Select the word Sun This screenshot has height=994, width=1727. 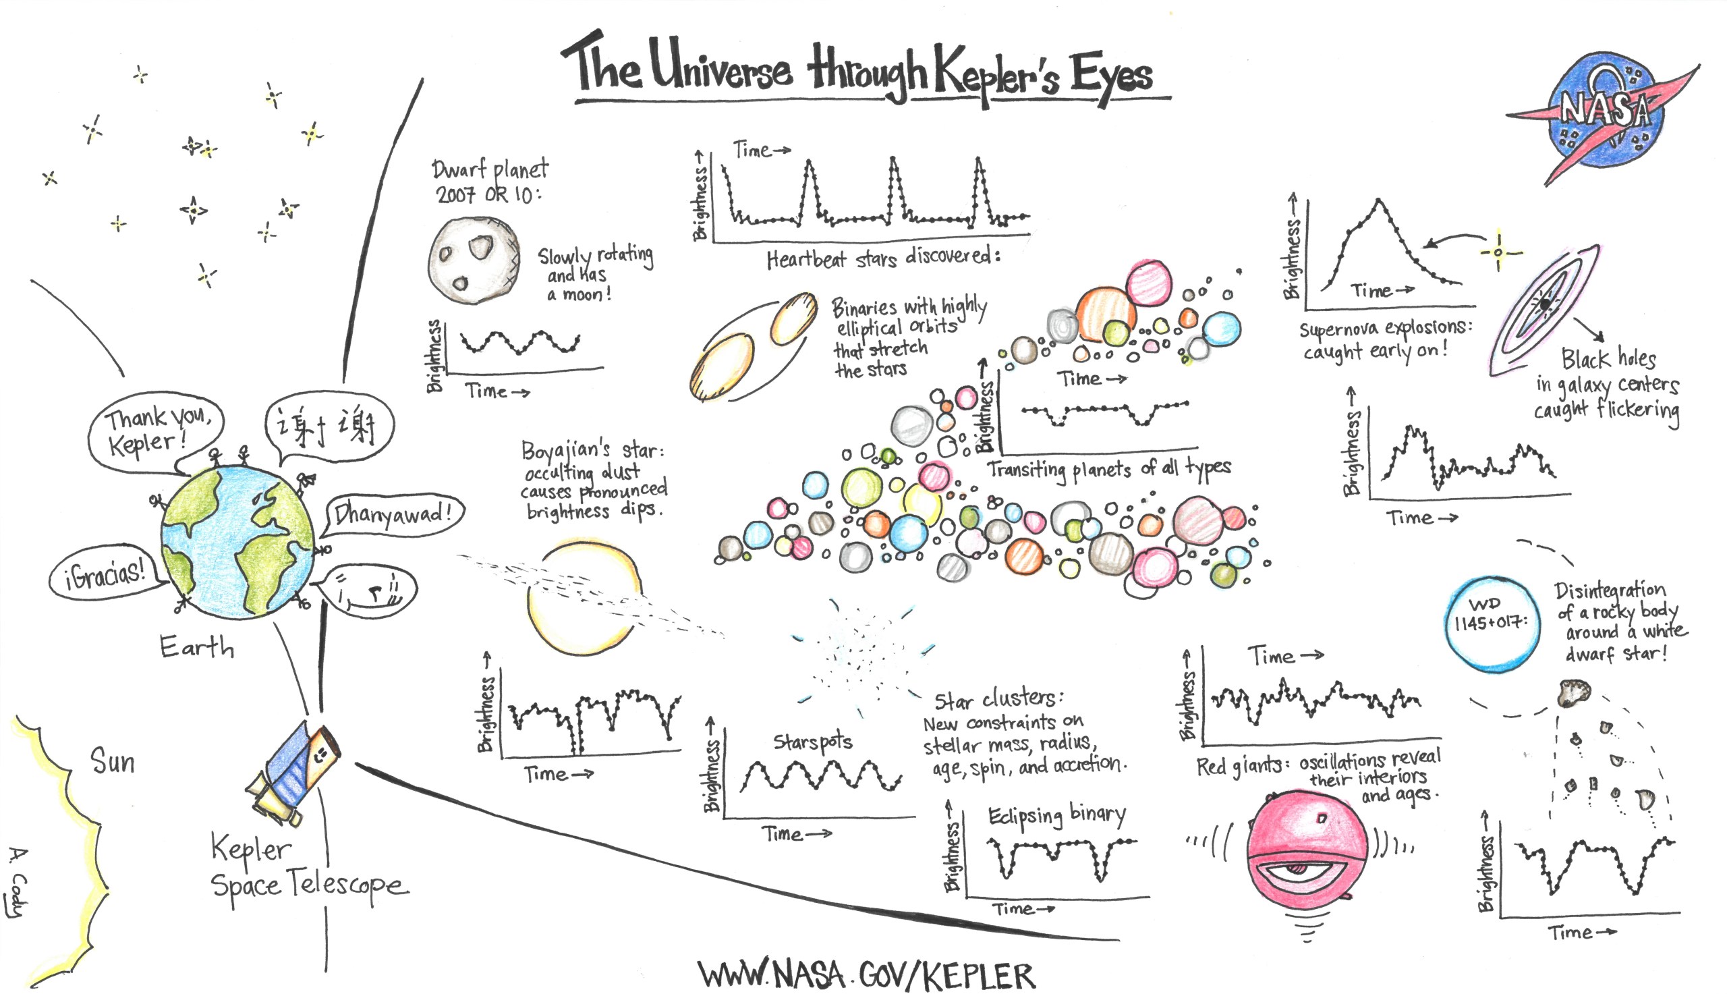113,761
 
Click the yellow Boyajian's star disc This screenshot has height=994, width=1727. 584,598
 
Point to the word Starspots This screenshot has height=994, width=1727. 812,742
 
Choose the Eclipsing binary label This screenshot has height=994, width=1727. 1056,814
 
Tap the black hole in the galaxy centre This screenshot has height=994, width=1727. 1546,304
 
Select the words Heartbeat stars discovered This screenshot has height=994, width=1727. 883,258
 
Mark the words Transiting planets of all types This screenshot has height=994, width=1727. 1109,469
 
